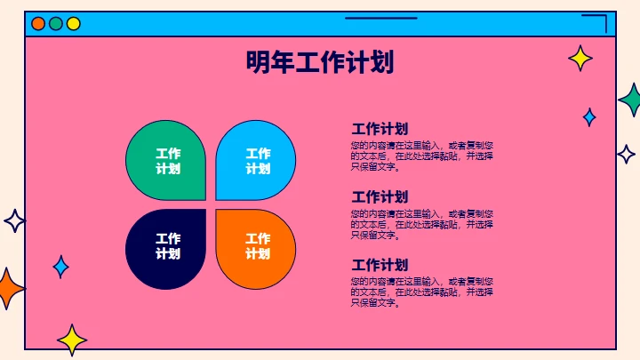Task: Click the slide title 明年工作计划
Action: (x=320, y=63)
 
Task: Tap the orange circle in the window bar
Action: (x=38, y=24)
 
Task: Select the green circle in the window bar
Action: (x=56, y=24)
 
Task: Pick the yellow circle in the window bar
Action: (x=74, y=24)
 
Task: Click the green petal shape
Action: (x=166, y=160)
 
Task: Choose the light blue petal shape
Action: (x=256, y=160)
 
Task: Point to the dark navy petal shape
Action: (x=166, y=248)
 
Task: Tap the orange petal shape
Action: (x=256, y=248)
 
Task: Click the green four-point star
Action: (x=631, y=100)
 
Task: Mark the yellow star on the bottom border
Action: (x=72, y=340)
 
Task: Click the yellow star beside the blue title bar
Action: (x=580, y=59)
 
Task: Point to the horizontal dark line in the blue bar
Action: (x=380, y=18)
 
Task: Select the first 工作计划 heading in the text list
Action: (x=380, y=128)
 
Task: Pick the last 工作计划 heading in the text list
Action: (x=380, y=265)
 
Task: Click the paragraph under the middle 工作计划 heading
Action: (x=421, y=225)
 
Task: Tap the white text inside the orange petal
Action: (x=258, y=246)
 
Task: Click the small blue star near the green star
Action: (x=588, y=116)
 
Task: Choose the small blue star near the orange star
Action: (x=60, y=266)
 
